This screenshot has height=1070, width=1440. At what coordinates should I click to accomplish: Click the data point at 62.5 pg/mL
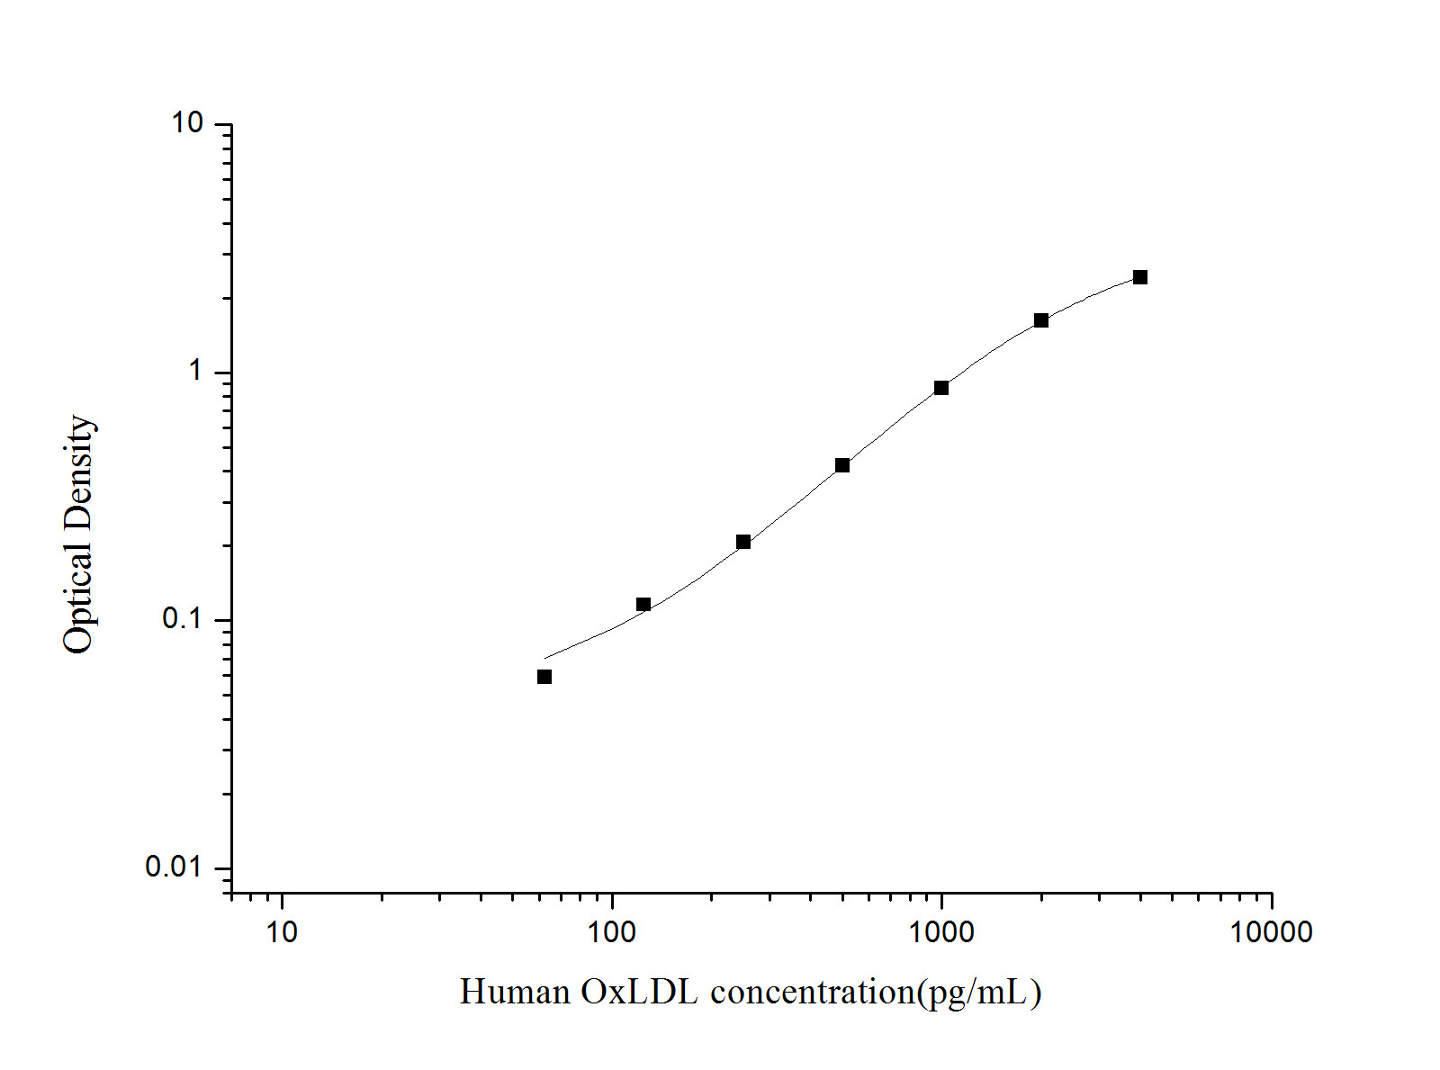(544, 677)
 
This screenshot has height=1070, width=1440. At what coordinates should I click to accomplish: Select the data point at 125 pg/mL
(643, 605)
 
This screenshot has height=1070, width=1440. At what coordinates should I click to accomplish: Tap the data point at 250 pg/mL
(743, 542)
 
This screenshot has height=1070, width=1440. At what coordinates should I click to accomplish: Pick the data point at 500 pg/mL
(842, 465)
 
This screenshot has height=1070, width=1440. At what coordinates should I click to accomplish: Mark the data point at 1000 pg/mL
(941, 388)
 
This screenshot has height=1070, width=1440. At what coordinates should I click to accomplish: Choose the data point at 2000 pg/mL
(1041, 320)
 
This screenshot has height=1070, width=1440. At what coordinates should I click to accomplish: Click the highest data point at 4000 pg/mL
(1140, 277)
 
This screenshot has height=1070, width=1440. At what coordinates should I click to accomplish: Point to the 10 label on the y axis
(188, 123)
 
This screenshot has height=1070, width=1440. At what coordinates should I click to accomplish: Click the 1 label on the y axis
(196, 371)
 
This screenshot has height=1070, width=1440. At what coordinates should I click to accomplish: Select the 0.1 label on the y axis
(184, 619)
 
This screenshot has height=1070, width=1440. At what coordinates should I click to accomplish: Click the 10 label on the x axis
(282, 932)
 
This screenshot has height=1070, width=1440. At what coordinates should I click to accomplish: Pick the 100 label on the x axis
(612, 932)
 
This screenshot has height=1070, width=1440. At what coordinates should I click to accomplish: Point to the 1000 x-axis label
(941, 932)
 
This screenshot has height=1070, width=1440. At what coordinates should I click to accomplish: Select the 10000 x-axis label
(1272, 932)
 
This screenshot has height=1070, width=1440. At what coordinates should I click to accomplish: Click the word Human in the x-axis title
(515, 992)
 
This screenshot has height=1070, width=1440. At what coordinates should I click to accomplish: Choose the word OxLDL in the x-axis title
(640, 992)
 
